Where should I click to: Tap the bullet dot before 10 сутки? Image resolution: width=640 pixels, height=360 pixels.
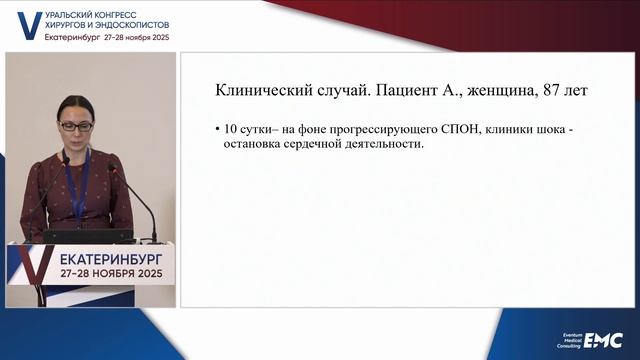click(x=218, y=130)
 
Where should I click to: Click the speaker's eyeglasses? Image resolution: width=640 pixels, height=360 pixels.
click(x=74, y=125)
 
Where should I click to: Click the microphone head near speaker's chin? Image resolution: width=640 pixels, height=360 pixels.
click(x=112, y=170)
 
